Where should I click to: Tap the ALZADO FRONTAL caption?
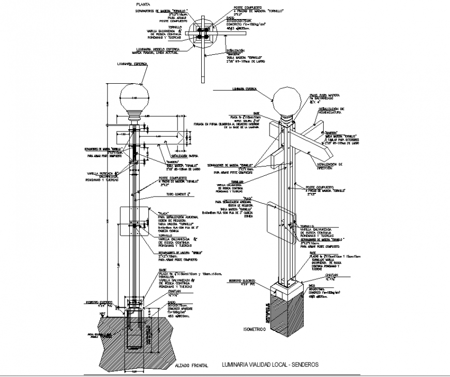coord(191,365)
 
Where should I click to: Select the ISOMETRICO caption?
coord(253,328)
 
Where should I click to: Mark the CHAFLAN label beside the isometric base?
coord(325,276)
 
